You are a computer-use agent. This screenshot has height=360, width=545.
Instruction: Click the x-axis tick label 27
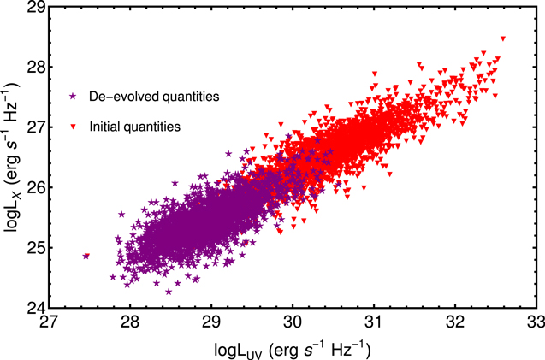click(x=49, y=324)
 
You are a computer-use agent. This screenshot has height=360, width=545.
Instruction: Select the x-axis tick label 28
click(x=130, y=324)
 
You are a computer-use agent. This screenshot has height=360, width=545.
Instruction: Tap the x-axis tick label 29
click(x=211, y=324)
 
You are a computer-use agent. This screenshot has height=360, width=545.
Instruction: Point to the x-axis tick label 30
click(x=293, y=324)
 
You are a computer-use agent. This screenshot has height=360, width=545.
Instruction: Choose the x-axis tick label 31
click(x=374, y=324)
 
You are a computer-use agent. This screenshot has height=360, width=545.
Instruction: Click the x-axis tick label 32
click(x=455, y=324)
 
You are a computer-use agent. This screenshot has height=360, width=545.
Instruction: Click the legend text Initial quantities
click(x=134, y=127)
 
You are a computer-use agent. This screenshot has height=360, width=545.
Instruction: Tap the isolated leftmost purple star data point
click(x=86, y=256)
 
